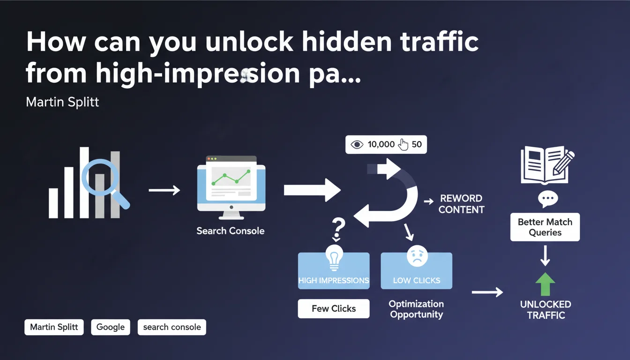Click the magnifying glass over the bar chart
click(x=100, y=179)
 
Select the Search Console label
click(x=231, y=231)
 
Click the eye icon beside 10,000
click(x=357, y=144)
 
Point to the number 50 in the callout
click(x=416, y=144)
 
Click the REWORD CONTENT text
click(x=461, y=204)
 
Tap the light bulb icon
click(x=334, y=257)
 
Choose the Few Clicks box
click(x=334, y=308)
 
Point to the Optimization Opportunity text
click(x=416, y=309)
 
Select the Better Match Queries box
click(x=545, y=227)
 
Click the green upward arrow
click(x=545, y=284)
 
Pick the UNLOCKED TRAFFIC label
click(x=546, y=310)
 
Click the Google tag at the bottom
click(x=111, y=327)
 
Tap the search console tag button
click(x=172, y=327)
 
